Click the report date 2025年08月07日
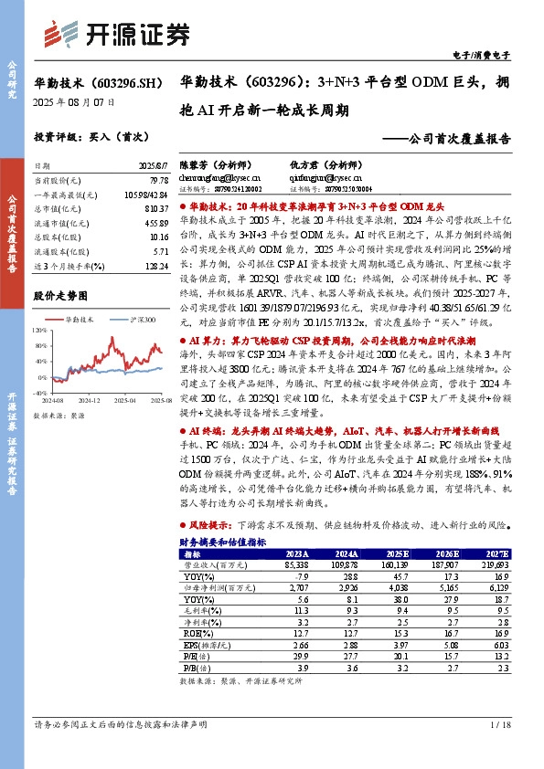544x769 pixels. point(67,102)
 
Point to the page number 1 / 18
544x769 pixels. point(499,725)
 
